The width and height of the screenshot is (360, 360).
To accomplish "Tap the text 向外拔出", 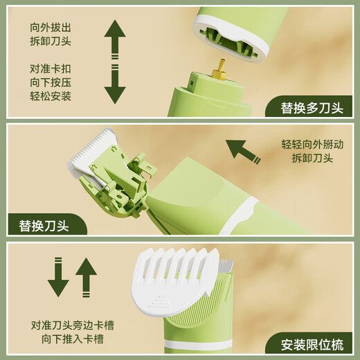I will coord(51,26).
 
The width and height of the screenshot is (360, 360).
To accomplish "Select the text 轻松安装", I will coord(51,96).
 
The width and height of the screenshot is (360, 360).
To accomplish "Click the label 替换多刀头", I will coord(312,107).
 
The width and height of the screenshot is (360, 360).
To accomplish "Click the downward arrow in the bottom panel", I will coord(59,277).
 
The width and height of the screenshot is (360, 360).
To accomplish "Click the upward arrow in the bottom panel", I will coord(86,277).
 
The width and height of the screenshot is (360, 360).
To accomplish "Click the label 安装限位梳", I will coord(312,343).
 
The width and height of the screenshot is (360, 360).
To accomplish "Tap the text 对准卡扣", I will coord(51,69).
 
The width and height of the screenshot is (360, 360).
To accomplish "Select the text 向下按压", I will coord(51,82).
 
